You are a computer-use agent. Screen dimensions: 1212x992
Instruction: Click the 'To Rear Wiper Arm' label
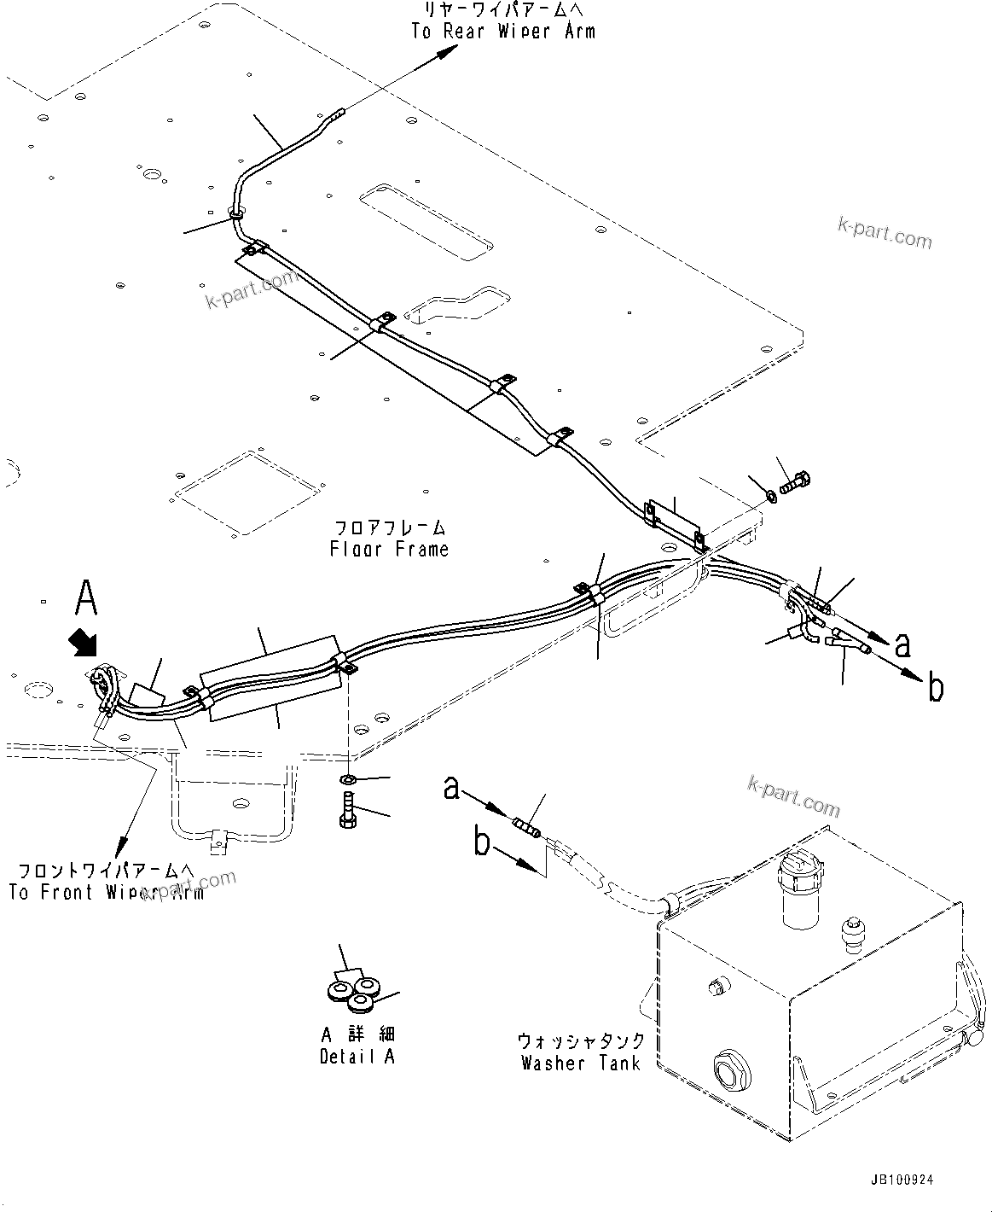coord(502,32)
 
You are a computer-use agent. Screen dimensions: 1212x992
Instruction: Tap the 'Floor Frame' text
coord(389,549)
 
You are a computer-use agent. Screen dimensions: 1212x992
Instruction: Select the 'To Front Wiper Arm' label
coord(106,893)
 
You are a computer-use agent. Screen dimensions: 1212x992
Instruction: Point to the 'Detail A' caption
coord(357,1056)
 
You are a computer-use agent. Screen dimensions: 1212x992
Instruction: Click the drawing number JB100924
coord(902,1180)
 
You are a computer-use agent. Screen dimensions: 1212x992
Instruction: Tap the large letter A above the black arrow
coord(86,597)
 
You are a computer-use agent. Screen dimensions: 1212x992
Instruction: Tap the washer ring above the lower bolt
coord(347,779)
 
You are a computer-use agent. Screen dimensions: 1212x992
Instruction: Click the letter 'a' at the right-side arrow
coord(903,646)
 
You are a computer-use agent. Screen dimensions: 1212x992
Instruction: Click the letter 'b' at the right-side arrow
coord(936,687)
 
